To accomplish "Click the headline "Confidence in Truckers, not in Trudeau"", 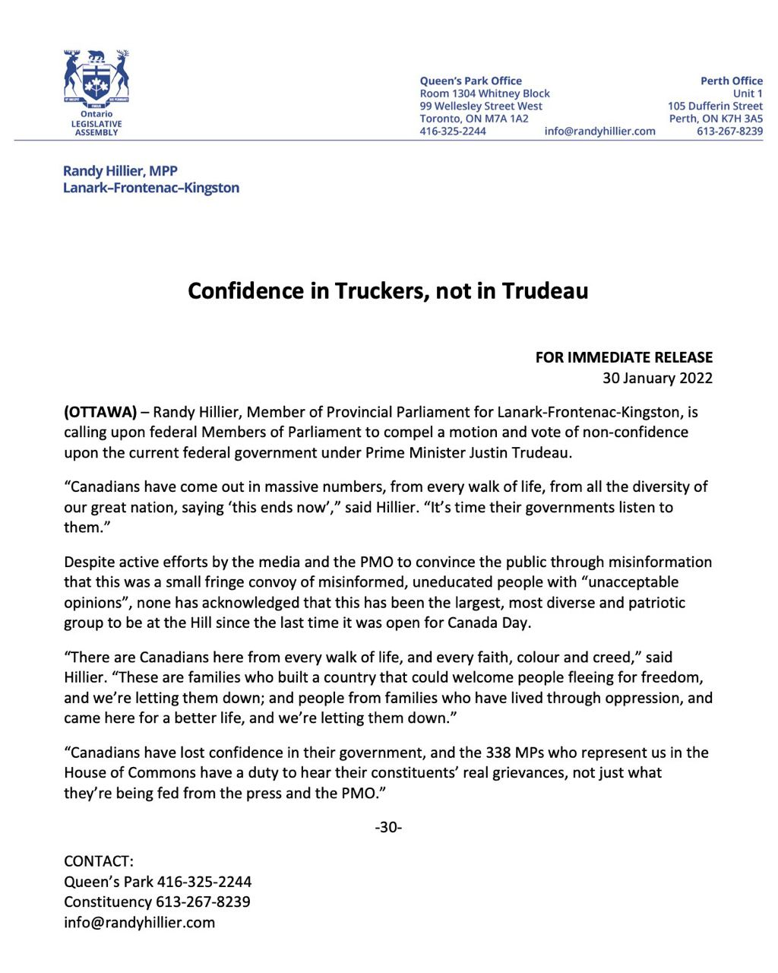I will (387, 291).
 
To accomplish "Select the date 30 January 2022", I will (657, 378).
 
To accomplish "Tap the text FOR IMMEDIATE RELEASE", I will (624, 357).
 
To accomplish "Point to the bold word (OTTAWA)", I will (100, 412).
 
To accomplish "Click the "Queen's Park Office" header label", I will (470, 81).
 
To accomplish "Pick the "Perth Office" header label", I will (731, 81).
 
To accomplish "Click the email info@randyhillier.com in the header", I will (599, 131).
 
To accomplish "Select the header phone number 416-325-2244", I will (453, 131).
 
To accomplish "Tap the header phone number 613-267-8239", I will (729, 131).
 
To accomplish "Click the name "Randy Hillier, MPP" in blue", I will (120, 171).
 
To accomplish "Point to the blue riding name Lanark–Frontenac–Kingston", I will (150, 188).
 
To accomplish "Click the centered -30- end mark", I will (388, 827).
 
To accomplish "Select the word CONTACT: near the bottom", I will (99, 861).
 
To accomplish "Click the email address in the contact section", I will (139, 923).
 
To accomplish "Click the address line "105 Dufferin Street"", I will (715, 106).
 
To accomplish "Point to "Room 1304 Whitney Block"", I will (485, 93).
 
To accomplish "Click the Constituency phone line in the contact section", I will (157, 902).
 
